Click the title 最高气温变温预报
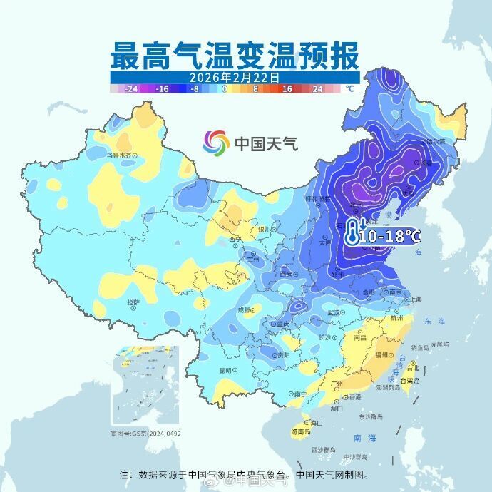pos(235,54)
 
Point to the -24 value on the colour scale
pos(130,89)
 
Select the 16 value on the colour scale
pos(287,89)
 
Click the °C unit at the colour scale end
pos(349,89)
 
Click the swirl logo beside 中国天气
pos(216,143)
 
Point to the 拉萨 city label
pos(133,302)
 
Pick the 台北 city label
pos(413,368)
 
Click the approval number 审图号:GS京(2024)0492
pos(145,433)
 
